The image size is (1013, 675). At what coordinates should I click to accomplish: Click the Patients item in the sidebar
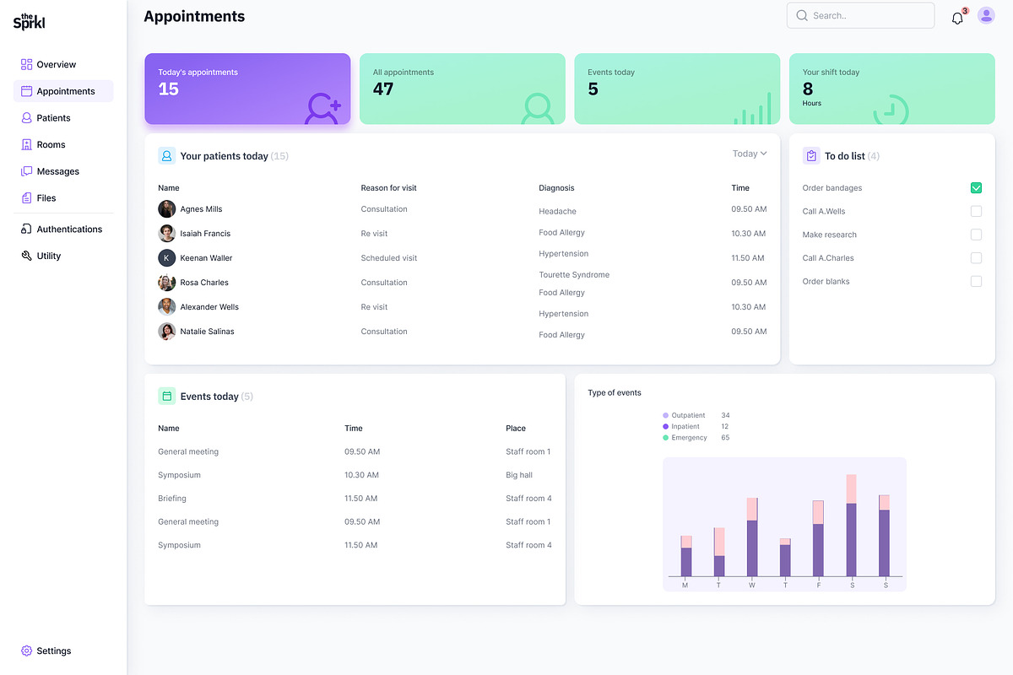click(52, 118)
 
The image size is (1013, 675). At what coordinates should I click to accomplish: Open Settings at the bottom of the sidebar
click(53, 651)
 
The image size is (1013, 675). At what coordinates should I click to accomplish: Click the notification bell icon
click(957, 18)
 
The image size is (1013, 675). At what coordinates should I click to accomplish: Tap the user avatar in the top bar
click(986, 15)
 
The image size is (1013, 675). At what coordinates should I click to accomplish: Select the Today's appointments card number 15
click(169, 89)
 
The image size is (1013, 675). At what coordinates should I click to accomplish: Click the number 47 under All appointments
click(383, 89)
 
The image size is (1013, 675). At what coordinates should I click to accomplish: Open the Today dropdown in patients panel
click(750, 154)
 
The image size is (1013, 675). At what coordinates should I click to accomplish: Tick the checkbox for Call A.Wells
click(976, 211)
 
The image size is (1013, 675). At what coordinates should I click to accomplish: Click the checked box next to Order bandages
click(976, 188)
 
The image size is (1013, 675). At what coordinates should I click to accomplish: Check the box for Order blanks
click(976, 281)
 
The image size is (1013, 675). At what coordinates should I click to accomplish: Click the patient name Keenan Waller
click(206, 258)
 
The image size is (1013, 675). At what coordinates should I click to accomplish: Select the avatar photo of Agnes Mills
click(167, 209)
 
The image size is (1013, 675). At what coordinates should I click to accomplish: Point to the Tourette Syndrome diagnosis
click(574, 275)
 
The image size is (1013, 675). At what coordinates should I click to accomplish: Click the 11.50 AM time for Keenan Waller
click(748, 258)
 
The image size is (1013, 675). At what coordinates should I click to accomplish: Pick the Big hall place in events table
click(519, 475)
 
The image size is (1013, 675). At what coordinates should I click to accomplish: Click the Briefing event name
click(172, 499)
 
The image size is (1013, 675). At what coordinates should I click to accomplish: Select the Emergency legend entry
click(688, 438)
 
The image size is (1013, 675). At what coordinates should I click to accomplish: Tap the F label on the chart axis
click(818, 585)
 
